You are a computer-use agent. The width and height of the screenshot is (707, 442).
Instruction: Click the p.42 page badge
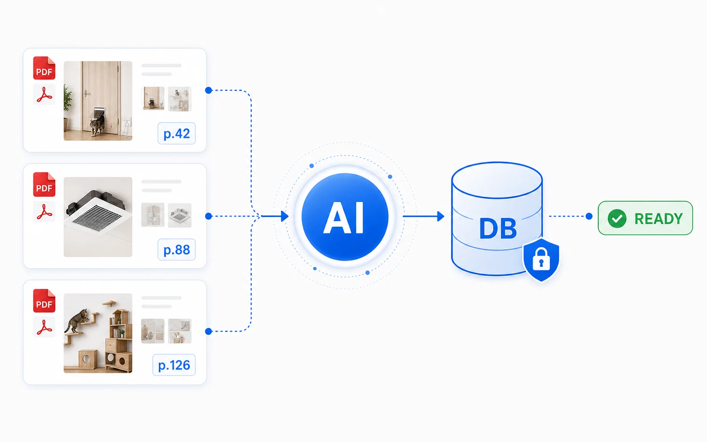point(177,134)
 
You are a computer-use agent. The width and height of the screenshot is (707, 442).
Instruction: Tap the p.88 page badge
point(177,250)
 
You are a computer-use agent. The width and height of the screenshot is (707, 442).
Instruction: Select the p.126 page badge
point(174,365)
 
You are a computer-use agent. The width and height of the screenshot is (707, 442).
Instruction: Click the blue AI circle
point(345,217)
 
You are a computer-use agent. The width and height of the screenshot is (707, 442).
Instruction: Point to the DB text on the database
point(498,229)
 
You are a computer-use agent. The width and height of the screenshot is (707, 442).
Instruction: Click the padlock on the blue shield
point(541,259)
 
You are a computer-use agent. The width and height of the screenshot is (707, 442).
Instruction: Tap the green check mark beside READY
point(617,218)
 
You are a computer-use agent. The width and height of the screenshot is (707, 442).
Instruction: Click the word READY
point(659,219)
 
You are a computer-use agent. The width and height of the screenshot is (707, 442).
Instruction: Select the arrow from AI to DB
point(423,217)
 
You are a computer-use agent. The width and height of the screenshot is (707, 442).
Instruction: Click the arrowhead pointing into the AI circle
point(285,217)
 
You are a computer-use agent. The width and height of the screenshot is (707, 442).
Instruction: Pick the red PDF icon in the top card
point(44,68)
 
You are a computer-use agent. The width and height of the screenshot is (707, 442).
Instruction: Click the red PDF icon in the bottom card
point(44,301)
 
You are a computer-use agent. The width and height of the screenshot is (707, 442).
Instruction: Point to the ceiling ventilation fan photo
point(98,217)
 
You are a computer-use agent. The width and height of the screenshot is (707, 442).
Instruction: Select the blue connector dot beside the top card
point(209,90)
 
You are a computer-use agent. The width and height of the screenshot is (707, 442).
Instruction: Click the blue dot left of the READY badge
point(589,217)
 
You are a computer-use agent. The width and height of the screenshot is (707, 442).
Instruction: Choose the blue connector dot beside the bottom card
point(209,331)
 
